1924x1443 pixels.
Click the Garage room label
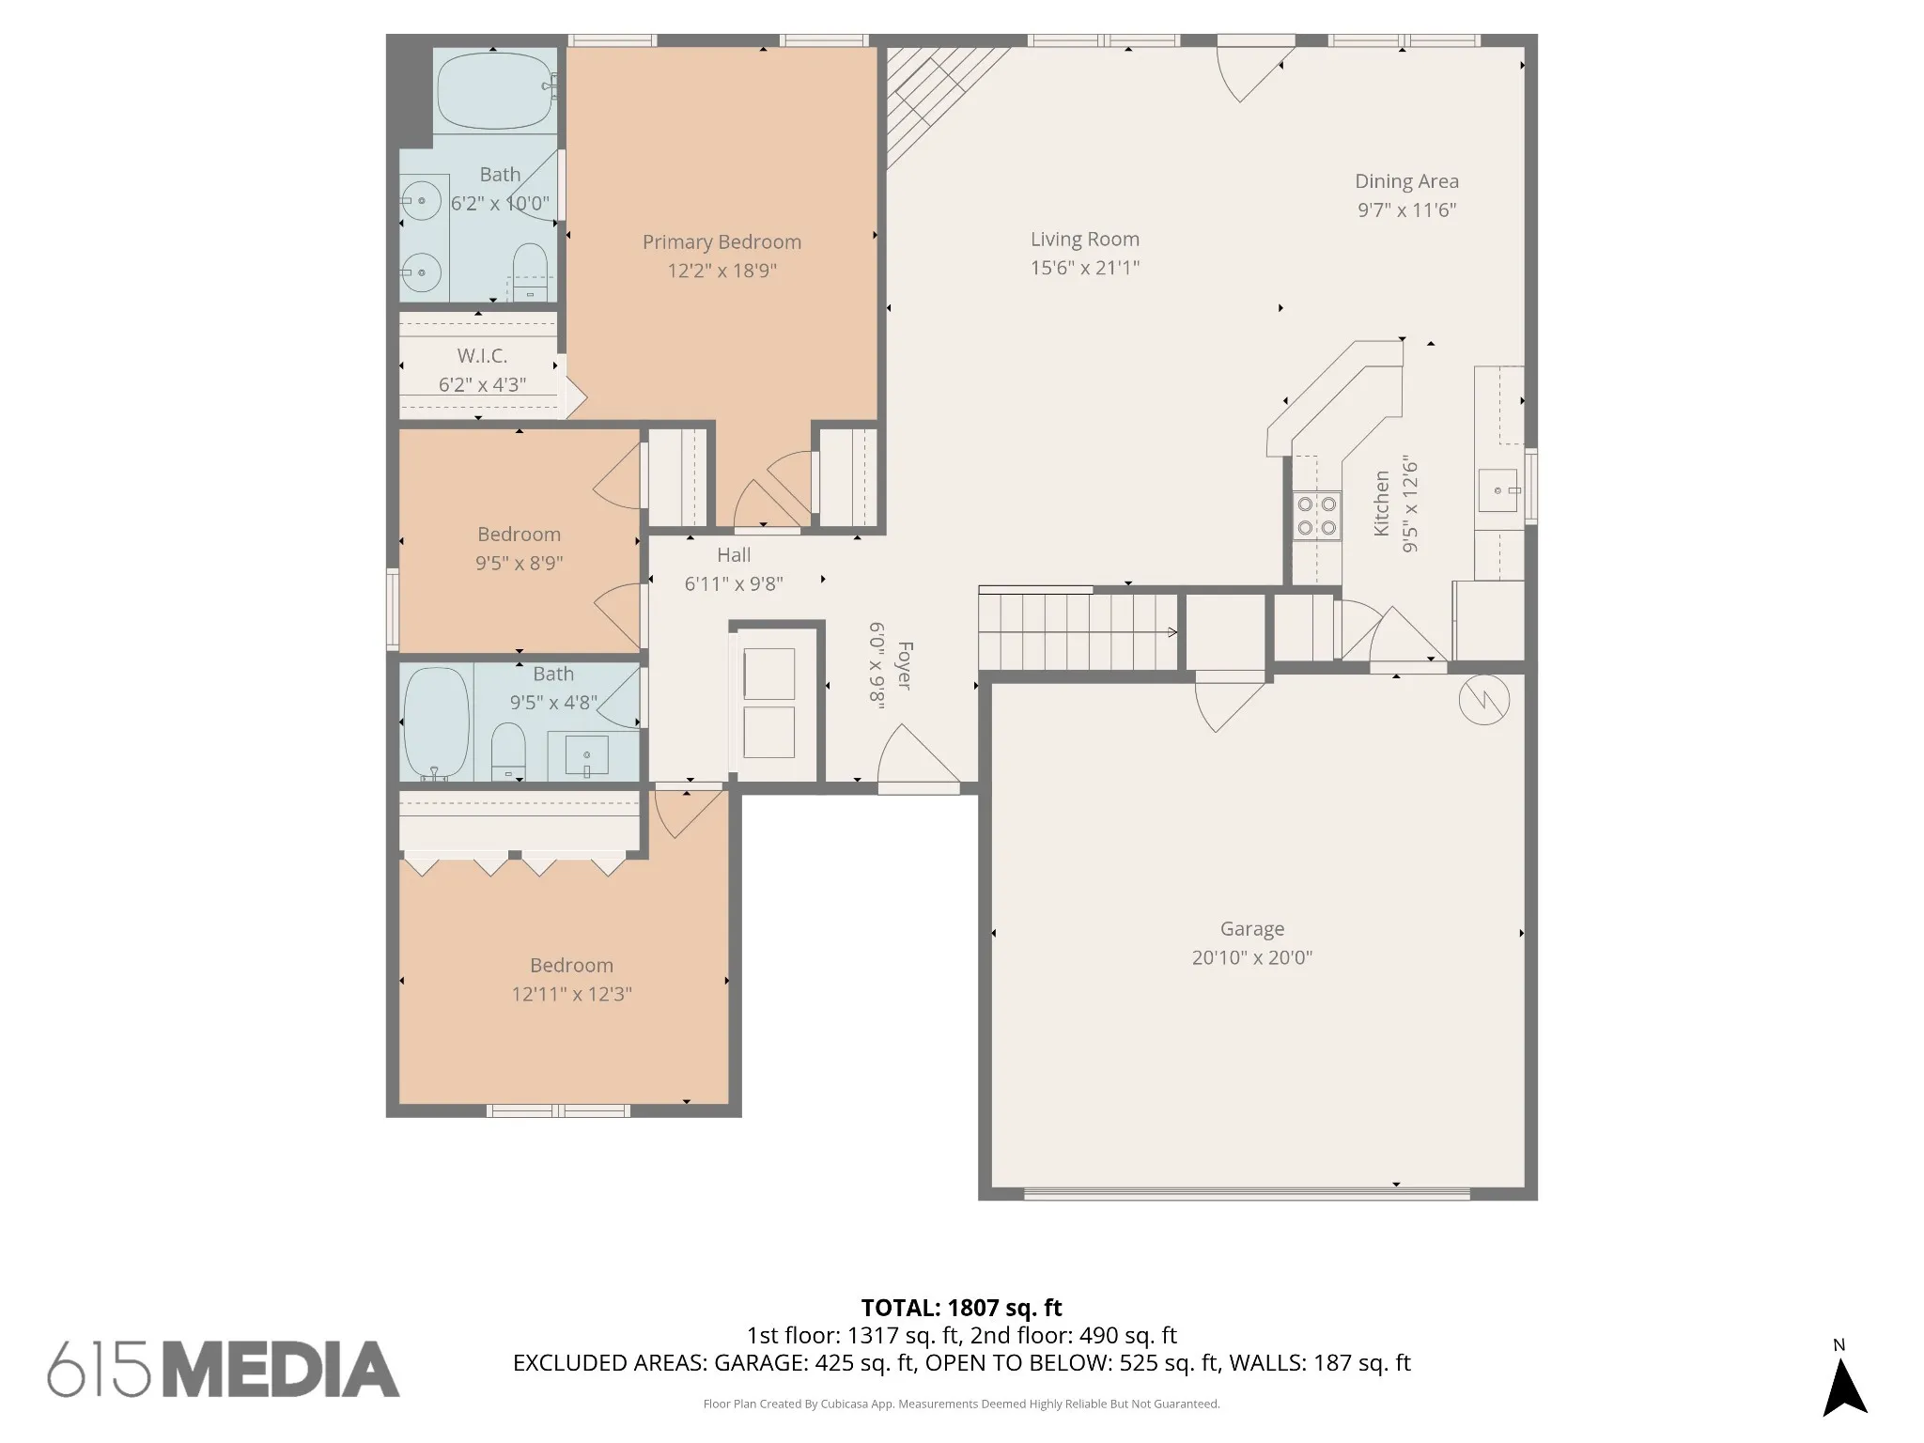pos(1251,929)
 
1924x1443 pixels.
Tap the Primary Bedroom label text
pos(721,241)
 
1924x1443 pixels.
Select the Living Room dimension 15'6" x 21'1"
pos(1084,268)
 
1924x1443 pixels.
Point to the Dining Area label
pos(1406,181)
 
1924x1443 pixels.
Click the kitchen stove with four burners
pos(1316,516)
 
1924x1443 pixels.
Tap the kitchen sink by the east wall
pos(1497,490)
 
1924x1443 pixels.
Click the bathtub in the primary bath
pos(495,90)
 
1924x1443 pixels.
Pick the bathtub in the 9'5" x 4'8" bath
pos(436,723)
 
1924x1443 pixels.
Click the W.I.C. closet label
pos(482,356)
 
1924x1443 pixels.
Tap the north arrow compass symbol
pos(1844,1386)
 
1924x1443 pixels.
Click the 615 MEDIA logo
pos(224,1369)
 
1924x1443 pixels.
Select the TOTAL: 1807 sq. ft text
pos(961,1308)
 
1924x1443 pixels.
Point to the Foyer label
pos(905,665)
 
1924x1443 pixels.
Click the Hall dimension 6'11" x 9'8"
pos(734,583)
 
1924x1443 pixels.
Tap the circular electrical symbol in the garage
pos(1484,700)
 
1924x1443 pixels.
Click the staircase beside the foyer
pos(1078,629)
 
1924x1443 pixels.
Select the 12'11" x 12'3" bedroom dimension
pos(571,994)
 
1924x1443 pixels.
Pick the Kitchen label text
pos(1381,504)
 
